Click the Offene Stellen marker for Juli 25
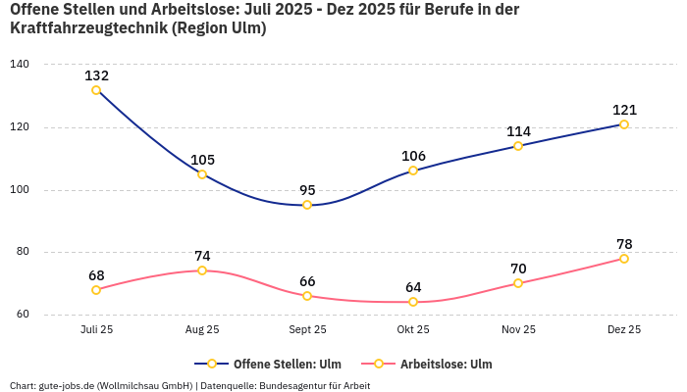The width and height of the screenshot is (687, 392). point(96,90)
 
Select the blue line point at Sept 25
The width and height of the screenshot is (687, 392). point(307,205)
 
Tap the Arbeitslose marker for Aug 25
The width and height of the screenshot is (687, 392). point(202,270)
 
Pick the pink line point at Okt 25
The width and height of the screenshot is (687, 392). point(413,302)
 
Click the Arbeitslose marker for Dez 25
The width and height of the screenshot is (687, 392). point(624,259)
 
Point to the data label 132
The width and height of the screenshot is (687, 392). point(96,75)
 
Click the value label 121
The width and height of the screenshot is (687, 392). point(624,110)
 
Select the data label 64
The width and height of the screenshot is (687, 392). point(413,287)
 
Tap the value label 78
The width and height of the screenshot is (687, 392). point(624,244)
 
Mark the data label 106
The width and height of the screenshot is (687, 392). point(413,156)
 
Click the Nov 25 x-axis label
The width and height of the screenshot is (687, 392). point(518,330)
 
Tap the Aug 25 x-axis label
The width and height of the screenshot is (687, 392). point(202,330)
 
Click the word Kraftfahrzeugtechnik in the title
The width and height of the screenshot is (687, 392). point(86,28)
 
